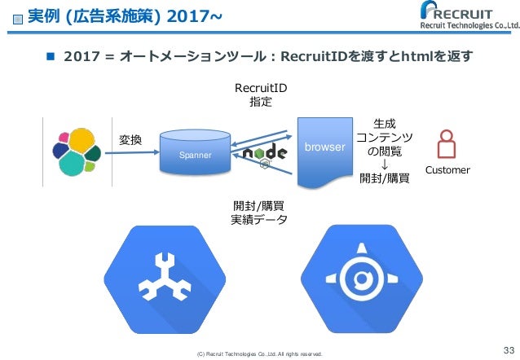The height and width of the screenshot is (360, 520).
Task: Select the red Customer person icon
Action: tap(447, 145)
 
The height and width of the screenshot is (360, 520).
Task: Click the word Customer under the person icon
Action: tap(447, 170)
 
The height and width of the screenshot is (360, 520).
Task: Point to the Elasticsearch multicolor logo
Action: tap(76, 149)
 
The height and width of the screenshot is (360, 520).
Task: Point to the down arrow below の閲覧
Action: tap(384, 164)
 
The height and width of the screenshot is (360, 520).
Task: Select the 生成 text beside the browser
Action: tap(384, 123)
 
